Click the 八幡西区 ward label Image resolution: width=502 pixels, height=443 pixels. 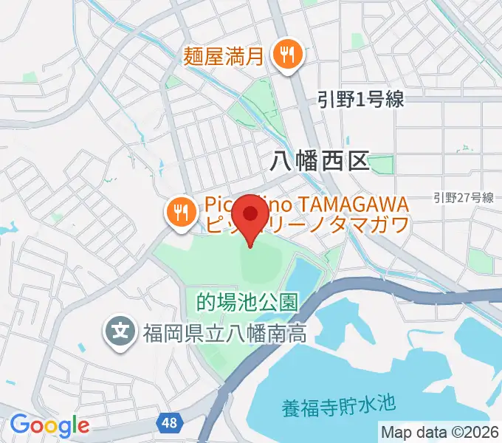pyautogui.click(x=320, y=160)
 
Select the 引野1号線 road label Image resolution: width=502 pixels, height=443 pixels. pyautogui.click(x=361, y=100)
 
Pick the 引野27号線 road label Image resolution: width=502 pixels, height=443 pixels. pyautogui.click(x=463, y=197)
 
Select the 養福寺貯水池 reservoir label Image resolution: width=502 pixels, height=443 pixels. pyautogui.click(x=339, y=405)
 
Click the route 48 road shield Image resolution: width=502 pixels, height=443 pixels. pyautogui.click(x=169, y=423)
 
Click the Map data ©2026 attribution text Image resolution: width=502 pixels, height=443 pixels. pyautogui.click(x=439, y=432)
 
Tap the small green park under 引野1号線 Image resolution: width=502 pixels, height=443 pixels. pyautogui.click(x=382, y=163)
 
